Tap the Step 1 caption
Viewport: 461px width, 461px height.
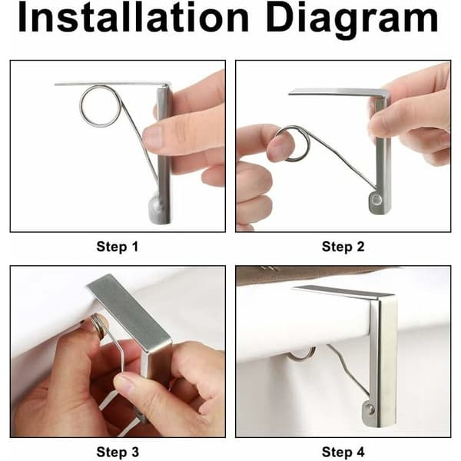click(x=118, y=247)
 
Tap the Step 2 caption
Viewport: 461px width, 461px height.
click(x=343, y=247)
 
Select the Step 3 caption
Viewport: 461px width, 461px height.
click(x=118, y=452)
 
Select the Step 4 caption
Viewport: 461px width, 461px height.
click(x=343, y=452)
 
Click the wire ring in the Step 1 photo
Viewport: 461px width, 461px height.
click(x=81, y=106)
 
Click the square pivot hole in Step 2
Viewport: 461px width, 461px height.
click(x=376, y=201)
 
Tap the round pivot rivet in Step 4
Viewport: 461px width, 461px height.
click(x=369, y=409)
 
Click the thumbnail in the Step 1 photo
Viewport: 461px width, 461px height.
click(x=152, y=137)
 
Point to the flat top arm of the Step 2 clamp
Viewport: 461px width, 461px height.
click(x=338, y=91)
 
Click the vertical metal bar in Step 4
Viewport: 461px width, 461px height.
click(x=382, y=362)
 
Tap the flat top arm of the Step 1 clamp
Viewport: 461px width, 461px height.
click(x=111, y=84)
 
